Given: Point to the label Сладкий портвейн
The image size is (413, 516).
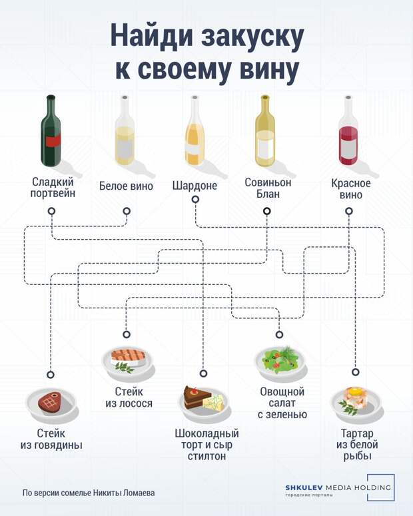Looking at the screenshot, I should (x=53, y=187).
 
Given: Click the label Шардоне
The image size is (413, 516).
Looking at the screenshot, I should (x=195, y=186).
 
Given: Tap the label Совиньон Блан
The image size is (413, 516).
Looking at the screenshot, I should (x=268, y=188).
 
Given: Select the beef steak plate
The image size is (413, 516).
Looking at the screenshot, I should (x=51, y=403).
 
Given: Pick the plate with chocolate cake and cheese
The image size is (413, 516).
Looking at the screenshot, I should (x=204, y=402).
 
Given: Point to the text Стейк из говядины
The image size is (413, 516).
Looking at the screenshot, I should (x=51, y=439).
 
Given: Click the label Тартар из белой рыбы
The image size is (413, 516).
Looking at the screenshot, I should (x=356, y=445).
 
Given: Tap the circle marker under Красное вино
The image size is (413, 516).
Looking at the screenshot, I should (x=349, y=212).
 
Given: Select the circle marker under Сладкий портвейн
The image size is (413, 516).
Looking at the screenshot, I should (x=51, y=212).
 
